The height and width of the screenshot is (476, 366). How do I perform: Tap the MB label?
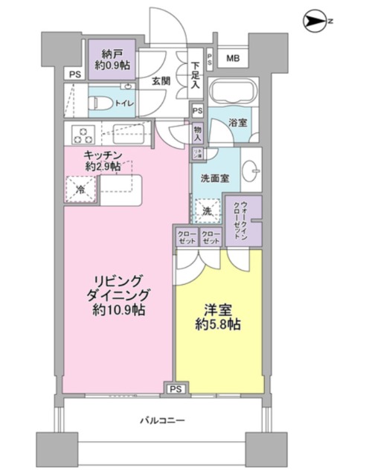point(233,59)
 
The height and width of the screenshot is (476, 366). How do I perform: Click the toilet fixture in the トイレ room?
point(100,103)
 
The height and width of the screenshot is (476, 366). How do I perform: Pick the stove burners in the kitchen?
point(82,135)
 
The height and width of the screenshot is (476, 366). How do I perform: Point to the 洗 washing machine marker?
point(208,210)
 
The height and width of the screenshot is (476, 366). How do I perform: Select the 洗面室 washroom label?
point(214,178)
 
